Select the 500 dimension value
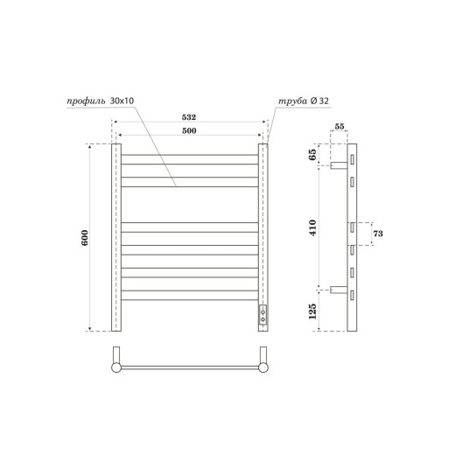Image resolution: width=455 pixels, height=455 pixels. point(190,130)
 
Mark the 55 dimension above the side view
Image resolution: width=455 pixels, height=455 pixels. point(340,128)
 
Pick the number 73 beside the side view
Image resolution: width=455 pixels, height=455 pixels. point(379,234)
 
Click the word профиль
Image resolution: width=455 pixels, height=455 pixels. point(86,101)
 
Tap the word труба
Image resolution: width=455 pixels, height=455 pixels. point(290,101)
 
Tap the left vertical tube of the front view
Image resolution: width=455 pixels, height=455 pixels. point(115,238)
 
